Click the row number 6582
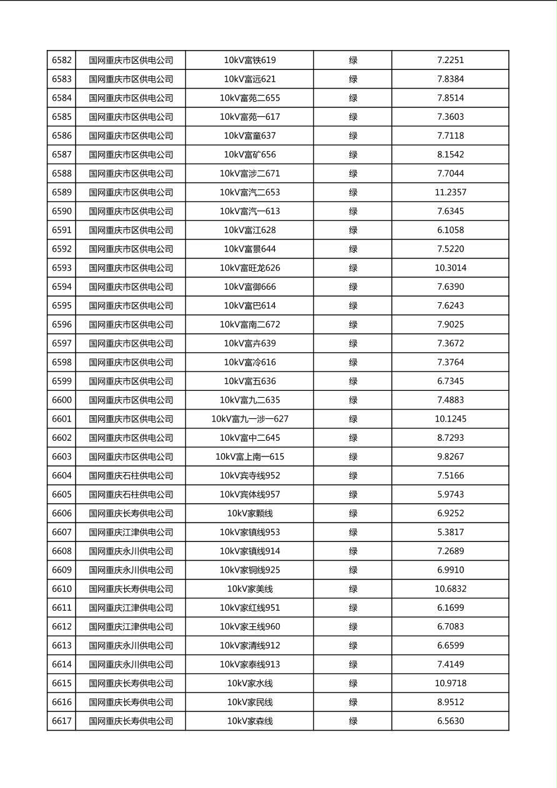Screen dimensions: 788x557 coord(62,61)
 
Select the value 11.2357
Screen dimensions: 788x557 coord(450,192)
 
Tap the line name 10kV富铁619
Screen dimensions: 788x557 coord(250,61)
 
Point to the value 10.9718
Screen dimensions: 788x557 coord(450,683)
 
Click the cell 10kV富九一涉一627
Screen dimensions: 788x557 coord(250,419)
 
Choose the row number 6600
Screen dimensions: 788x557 coord(62,400)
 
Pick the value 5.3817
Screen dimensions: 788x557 coord(450,532)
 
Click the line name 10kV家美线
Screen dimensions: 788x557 coord(250,589)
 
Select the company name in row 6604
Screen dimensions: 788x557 coord(131,476)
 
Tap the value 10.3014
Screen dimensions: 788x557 coord(450,268)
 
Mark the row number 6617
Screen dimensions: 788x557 coord(62,721)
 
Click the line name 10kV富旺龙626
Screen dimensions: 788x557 coord(250,268)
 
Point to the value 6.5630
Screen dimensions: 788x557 coord(450,721)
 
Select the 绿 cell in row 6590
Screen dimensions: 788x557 coord(353,211)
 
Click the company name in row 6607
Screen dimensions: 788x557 coord(131,532)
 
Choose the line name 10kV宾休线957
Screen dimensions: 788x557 coord(250,495)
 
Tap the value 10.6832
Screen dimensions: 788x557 coord(450,589)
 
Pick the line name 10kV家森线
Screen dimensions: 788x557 coord(250,721)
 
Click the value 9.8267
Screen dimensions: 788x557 coord(450,456)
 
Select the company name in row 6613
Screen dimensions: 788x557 coord(131,646)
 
